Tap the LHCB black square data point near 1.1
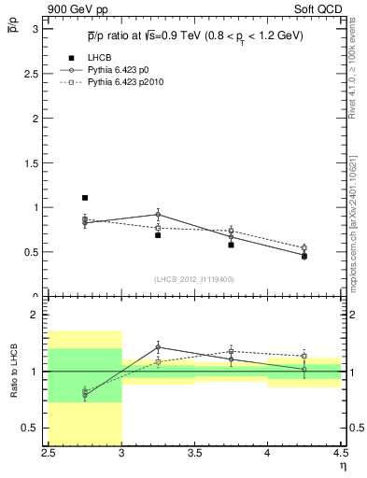[85, 198]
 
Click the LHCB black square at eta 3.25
[158, 235]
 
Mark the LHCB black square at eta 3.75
[231, 245]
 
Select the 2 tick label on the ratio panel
[39, 316]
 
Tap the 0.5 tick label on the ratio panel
[35, 428]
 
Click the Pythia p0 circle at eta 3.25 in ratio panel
[158, 346]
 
